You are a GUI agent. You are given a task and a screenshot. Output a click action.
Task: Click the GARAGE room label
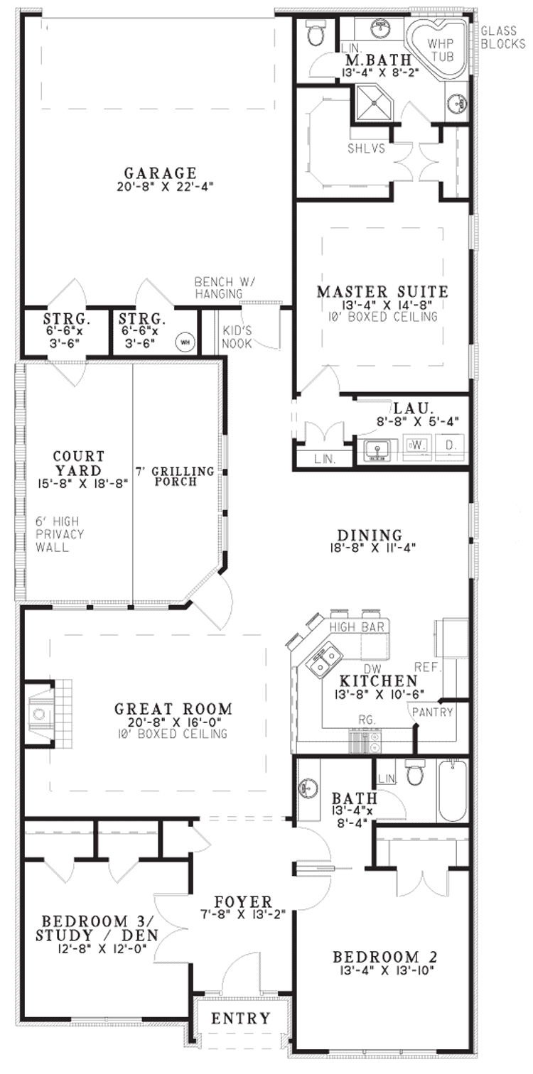point(161,172)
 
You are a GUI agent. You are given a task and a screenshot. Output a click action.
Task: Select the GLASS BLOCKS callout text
point(503,38)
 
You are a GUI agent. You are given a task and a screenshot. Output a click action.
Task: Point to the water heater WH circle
point(184,342)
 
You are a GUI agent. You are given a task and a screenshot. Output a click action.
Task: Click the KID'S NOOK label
point(237,337)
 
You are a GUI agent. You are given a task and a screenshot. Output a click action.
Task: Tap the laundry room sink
point(377,450)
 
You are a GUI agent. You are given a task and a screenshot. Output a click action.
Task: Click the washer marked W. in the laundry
point(417,447)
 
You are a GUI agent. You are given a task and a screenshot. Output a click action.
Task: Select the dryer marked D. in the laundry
point(451,447)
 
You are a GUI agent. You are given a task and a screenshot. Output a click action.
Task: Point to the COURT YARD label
point(79,462)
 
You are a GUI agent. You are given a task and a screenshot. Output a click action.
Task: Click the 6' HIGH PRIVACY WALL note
point(60,534)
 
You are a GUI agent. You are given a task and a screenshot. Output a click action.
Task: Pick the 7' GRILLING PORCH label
point(175,476)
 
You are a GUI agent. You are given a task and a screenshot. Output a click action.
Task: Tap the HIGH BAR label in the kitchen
point(357,626)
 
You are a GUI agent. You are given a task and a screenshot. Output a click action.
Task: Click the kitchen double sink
point(325,660)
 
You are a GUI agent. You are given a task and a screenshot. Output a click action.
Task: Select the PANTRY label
point(433,712)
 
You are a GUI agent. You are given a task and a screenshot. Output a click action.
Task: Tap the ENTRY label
point(241,1018)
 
